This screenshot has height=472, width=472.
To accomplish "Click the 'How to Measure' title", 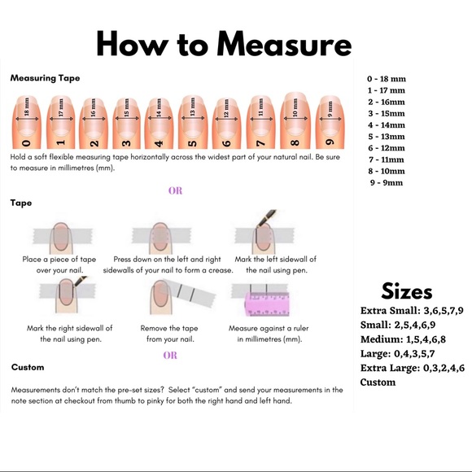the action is coord(224,44).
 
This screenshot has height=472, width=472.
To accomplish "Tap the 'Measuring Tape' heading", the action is coord(45,78).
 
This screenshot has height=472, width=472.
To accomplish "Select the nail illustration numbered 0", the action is coord(27,122).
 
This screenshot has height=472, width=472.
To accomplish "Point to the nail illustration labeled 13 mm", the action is coord(193,122).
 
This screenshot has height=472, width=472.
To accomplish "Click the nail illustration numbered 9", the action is coord(330,122).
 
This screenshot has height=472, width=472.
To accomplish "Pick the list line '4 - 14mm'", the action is coord(387,125).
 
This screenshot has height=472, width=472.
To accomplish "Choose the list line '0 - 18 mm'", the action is coord(387,79).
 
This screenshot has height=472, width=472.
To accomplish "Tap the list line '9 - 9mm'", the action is coord(387,183).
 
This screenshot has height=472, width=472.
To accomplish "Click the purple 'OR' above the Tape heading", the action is coord(175,190).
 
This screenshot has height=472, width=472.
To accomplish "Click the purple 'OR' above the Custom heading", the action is coord(170,355).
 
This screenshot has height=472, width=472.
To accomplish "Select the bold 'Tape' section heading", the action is coord(21,203).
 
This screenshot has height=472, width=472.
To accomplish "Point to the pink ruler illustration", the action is coord(267,304).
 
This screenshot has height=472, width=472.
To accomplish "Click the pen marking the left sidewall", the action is coord(266,217).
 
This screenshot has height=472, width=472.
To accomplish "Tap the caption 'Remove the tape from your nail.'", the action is coord(169,334).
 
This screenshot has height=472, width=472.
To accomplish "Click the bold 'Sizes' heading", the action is coord(407,291).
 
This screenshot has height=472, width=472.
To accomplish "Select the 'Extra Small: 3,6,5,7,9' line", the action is coord(412,310).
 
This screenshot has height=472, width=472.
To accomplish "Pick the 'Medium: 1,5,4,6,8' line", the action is coord(403,339).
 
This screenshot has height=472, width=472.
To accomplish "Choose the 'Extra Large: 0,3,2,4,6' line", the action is coord(413,368).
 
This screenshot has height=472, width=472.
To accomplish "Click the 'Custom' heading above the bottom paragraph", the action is coord(28,367).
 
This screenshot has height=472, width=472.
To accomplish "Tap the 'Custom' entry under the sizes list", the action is coord(378,382).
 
